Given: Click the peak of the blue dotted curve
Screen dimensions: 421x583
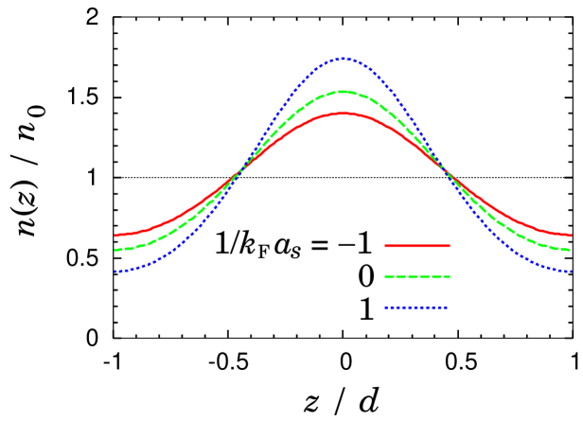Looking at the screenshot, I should [344, 59].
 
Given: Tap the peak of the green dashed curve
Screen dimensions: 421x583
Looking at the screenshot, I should [343, 92].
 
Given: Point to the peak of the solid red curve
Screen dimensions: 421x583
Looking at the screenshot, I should [343, 114].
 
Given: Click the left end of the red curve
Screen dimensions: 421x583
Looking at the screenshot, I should [115, 235].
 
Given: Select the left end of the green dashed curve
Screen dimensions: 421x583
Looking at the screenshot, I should [115, 250].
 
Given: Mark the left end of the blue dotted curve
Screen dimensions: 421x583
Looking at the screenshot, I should [115, 272].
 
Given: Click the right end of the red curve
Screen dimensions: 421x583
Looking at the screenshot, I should [571, 235].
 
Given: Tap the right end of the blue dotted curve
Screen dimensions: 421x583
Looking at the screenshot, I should [571, 272].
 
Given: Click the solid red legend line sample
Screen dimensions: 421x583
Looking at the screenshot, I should [416, 246].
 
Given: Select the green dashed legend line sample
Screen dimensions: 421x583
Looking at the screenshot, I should [416, 277].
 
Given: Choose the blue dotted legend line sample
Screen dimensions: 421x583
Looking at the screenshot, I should [416, 307].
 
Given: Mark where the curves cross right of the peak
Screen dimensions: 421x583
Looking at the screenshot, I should [443, 169].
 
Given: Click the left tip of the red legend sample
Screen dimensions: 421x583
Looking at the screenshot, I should [385, 246].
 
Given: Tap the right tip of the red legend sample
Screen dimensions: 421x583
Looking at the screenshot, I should [449, 246].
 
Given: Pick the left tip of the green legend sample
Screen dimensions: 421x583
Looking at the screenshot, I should [385, 277].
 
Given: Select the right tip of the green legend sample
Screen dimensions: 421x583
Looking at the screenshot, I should [449, 277].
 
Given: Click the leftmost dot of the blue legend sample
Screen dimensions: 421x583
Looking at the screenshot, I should [386, 307].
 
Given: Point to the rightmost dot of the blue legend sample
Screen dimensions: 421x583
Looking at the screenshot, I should [447, 307].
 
